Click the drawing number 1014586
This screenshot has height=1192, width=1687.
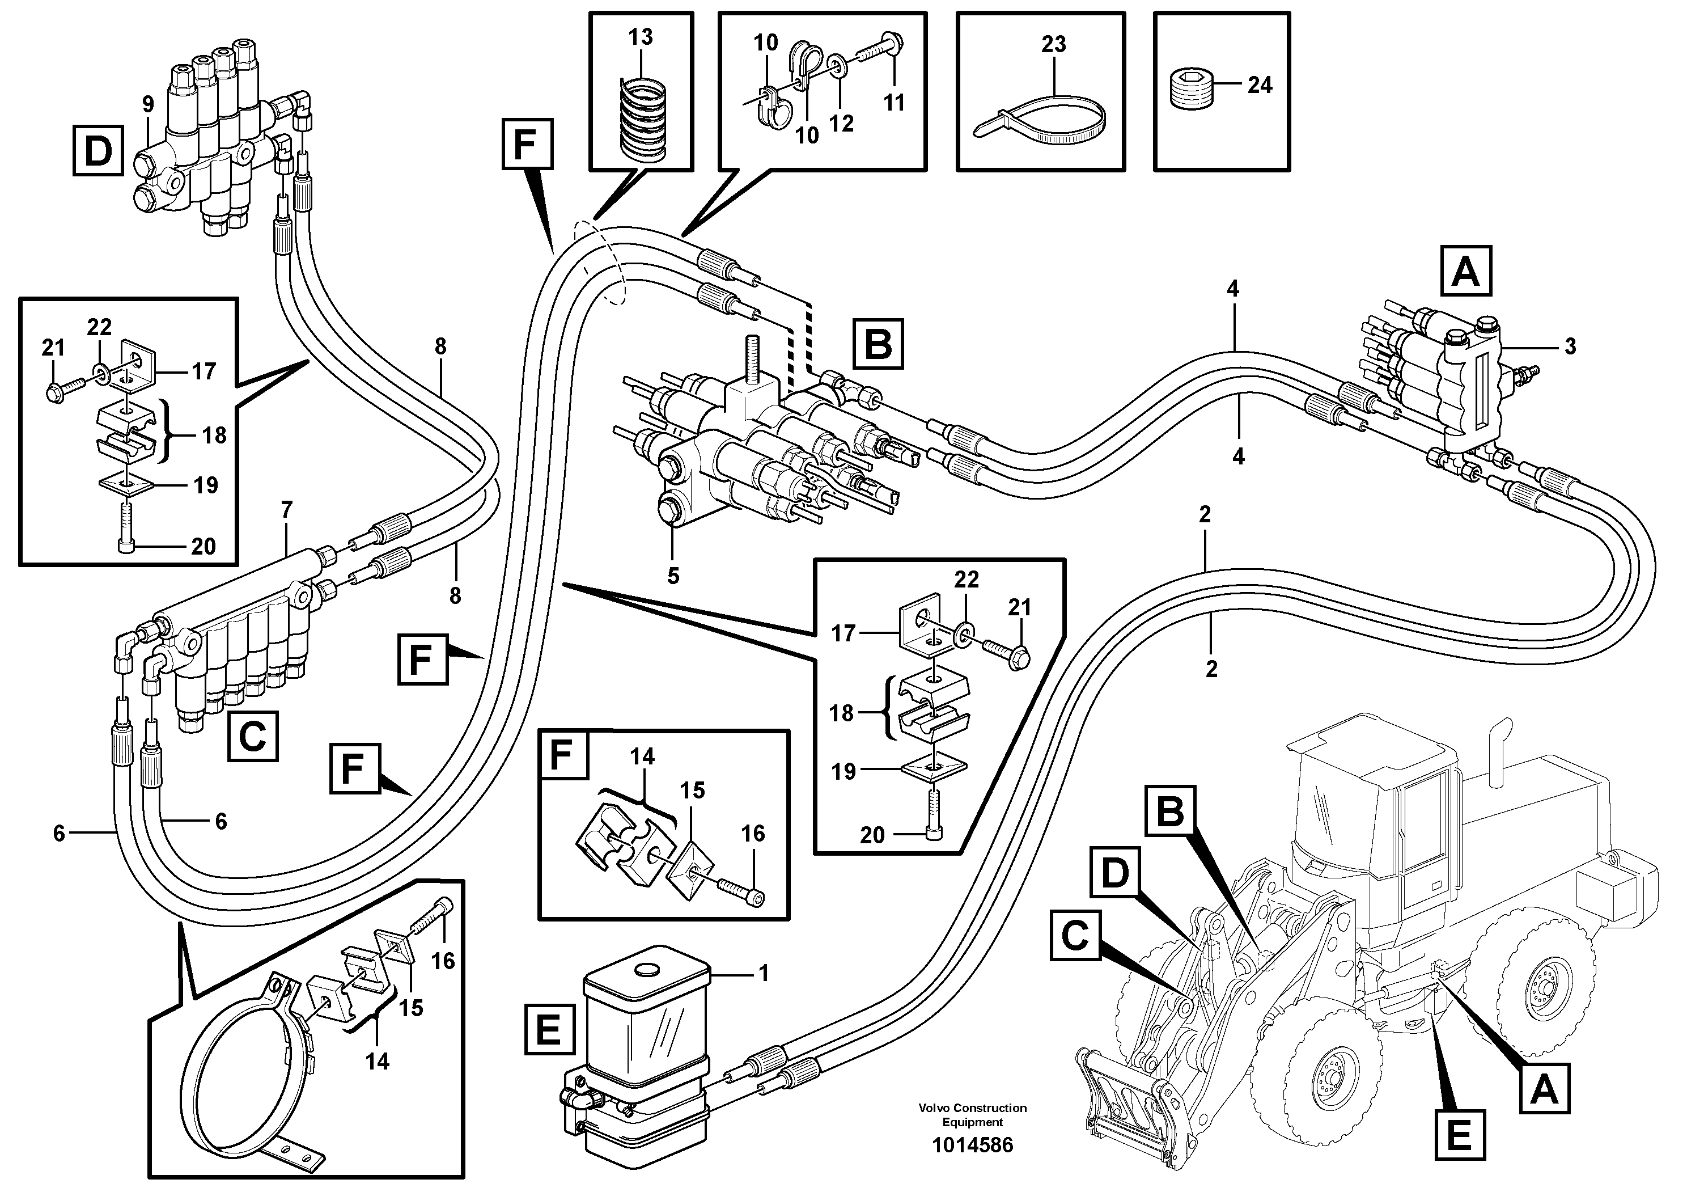972,1145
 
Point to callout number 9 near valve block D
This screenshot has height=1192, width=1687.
149,104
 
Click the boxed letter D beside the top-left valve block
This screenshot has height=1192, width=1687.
98,151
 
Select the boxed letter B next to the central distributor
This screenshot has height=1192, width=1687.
878,344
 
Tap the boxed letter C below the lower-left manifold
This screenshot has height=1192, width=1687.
253,736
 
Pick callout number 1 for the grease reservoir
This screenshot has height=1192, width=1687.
764,973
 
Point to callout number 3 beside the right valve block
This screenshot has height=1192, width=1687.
1570,346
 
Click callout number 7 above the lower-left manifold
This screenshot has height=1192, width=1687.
287,509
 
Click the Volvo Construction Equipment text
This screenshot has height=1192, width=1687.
972,1114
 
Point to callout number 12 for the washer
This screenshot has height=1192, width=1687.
842,124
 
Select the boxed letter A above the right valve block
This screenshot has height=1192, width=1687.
1466,272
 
